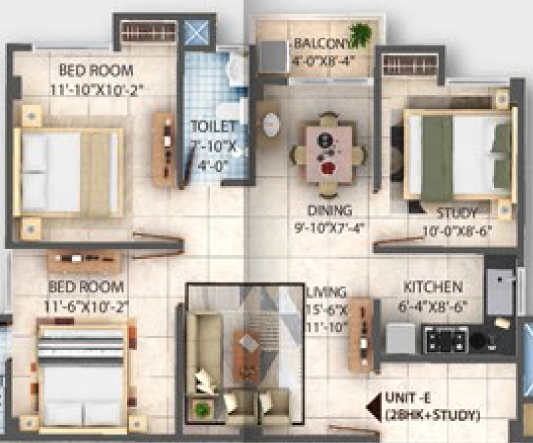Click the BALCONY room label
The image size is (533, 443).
click(x=324, y=44)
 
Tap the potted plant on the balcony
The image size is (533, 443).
click(x=361, y=34)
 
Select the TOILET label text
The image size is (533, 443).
click(x=214, y=127)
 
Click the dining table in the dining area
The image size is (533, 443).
click(x=329, y=153)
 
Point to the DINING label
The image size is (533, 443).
click(x=329, y=211)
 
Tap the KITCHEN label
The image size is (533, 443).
click(x=432, y=287)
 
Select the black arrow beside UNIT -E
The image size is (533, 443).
click(x=373, y=407)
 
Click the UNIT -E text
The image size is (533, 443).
click(x=406, y=398)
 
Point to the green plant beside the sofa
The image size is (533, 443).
click(x=202, y=408)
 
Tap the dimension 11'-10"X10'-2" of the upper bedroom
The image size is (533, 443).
click(x=97, y=90)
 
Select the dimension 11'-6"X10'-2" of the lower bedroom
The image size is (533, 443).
click(x=86, y=307)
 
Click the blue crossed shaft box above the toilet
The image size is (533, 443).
click(x=198, y=33)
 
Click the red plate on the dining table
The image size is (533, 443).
click(x=327, y=168)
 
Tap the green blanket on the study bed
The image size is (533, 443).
click(x=438, y=157)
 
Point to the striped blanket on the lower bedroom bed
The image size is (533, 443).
click(x=81, y=343)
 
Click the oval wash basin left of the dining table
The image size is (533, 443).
click(x=272, y=124)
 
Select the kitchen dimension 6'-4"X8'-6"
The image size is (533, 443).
click(x=432, y=307)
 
